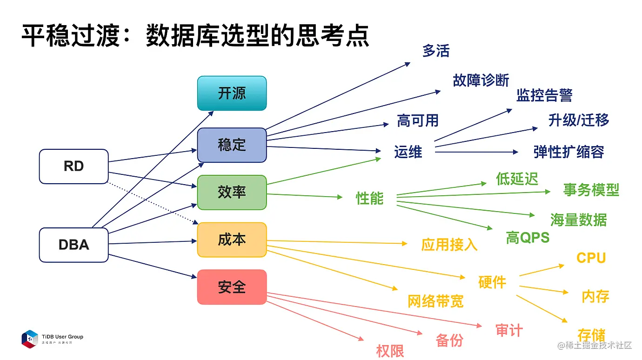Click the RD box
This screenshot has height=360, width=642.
click(74, 167)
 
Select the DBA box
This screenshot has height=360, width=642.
click(74, 245)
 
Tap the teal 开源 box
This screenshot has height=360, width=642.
click(232, 93)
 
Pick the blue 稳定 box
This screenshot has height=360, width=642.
click(232, 145)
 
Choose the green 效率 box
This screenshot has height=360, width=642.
click(232, 192)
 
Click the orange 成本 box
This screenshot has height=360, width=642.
click(232, 240)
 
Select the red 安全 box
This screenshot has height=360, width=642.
click(232, 287)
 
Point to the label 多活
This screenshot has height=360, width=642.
click(436, 51)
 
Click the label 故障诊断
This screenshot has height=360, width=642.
click(481, 80)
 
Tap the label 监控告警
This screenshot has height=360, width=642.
click(544, 95)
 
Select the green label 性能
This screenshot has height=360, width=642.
click(369, 198)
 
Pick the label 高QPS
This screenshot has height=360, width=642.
click(528, 238)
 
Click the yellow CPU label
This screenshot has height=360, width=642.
click(591, 258)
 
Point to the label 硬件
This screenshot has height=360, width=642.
click(492, 282)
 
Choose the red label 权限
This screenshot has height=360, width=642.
click(390, 351)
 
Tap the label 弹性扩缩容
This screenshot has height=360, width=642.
click(568, 152)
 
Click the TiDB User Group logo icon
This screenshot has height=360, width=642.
click(30, 339)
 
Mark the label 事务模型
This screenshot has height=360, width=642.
click(591, 190)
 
